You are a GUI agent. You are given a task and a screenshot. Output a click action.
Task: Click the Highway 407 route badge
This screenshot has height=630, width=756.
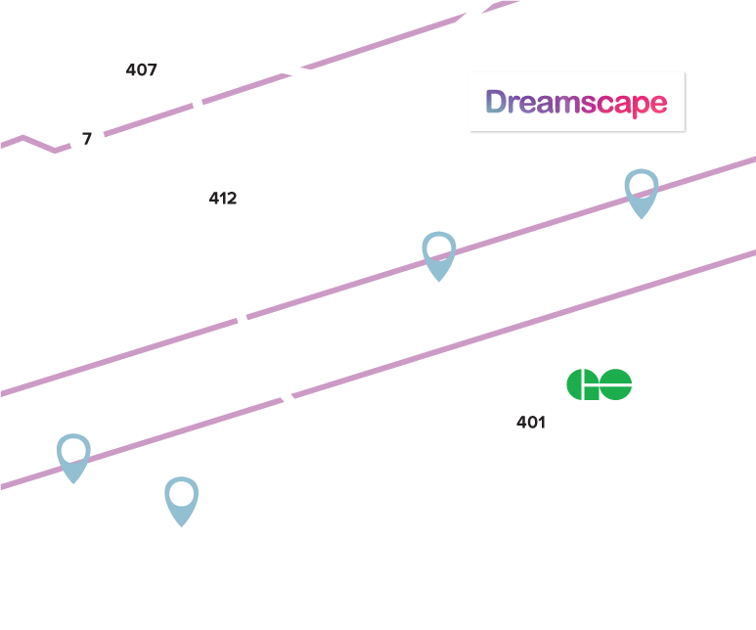click(142, 70)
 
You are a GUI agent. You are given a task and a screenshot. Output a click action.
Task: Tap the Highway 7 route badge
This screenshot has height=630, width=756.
click(87, 139)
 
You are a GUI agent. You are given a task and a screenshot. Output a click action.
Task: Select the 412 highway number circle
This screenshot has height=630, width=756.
click(223, 199)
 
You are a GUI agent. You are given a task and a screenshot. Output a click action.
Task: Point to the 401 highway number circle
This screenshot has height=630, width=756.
click(530, 423)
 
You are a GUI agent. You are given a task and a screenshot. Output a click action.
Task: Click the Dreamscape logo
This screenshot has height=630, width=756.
click(576, 102)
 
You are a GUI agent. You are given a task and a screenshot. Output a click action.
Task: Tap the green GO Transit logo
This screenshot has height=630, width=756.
click(599, 383)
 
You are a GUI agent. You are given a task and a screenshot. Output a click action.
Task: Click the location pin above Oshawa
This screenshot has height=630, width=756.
click(641, 192)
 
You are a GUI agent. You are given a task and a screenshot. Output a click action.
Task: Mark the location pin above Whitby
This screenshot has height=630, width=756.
click(439, 255)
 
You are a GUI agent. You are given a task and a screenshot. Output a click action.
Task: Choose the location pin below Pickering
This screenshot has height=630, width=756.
click(73, 457)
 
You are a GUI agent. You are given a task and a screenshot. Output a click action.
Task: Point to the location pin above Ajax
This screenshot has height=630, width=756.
click(182, 500)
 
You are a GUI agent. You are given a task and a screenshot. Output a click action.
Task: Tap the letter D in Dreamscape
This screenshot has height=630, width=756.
click(496, 102)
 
